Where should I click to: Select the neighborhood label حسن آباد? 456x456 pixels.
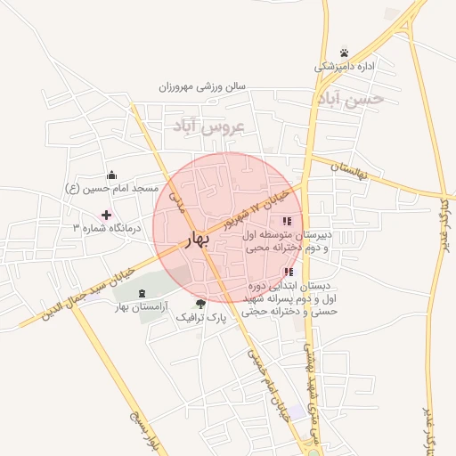point(350,99)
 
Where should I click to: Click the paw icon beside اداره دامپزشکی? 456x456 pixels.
point(345,52)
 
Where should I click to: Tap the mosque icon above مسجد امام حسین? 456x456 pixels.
point(111,175)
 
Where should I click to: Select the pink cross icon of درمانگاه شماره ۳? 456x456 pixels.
point(107,215)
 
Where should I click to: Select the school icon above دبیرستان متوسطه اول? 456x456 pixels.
point(286,221)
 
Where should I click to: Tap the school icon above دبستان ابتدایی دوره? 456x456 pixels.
point(287,272)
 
